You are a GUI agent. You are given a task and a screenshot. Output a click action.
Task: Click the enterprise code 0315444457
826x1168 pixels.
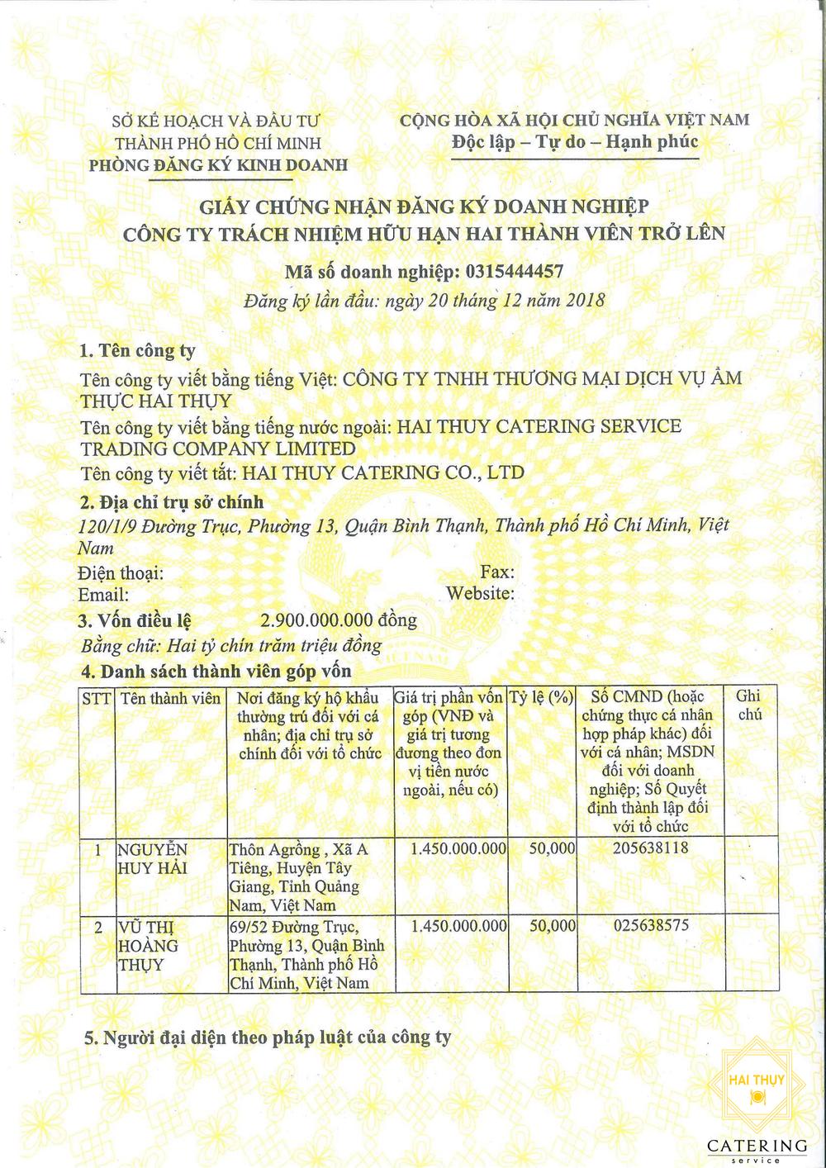pos(515,271)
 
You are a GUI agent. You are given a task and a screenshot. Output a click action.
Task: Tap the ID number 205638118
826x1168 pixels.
pos(651,848)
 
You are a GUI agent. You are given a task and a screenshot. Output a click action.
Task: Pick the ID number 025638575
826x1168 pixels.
pos(651,925)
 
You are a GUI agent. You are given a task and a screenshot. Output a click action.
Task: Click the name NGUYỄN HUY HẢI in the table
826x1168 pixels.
pos(154,858)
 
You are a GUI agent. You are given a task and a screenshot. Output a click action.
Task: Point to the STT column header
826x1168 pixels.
pos(97,698)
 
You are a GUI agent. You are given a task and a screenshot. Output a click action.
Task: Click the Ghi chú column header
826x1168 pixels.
pos(749,706)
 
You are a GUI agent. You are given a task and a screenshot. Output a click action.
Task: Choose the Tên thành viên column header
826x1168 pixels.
pos(170,698)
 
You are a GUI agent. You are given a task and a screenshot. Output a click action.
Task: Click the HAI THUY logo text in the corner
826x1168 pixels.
pos(757,1080)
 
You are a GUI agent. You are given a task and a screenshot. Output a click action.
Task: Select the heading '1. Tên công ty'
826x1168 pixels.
pos(137,351)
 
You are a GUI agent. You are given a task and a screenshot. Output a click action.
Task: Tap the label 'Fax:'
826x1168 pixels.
pos(497,572)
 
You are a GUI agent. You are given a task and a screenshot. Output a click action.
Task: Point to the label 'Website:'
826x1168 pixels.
pos(480,594)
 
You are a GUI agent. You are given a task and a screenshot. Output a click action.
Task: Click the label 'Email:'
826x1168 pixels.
pos(103,595)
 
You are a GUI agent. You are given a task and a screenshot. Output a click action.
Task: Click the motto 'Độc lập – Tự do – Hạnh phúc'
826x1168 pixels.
pos(575,142)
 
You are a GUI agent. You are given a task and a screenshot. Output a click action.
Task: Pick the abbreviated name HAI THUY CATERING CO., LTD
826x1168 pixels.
pos(382,473)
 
